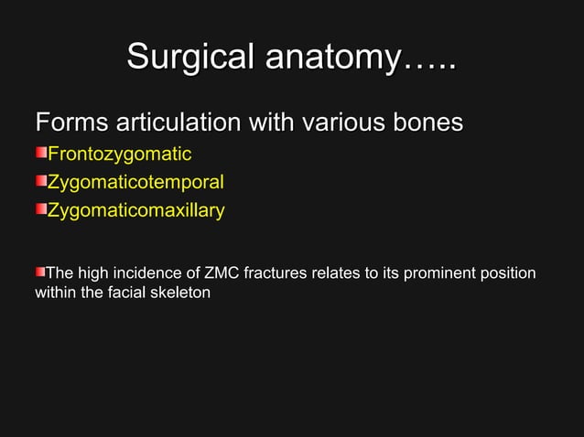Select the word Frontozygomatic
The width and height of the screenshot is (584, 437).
point(119,153)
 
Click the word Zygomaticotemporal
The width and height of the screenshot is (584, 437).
point(135,182)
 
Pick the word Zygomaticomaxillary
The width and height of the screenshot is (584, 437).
point(135,210)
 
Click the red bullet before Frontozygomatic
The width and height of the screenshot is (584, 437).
point(41,153)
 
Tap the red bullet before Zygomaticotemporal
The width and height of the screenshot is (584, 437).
point(41,181)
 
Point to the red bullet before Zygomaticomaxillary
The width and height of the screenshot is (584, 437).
point(41,210)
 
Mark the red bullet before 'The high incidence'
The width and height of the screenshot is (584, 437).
point(40,272)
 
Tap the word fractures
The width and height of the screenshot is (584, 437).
point(285,273)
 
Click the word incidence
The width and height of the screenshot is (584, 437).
point(143,273)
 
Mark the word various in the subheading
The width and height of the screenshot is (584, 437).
point(342,123)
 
